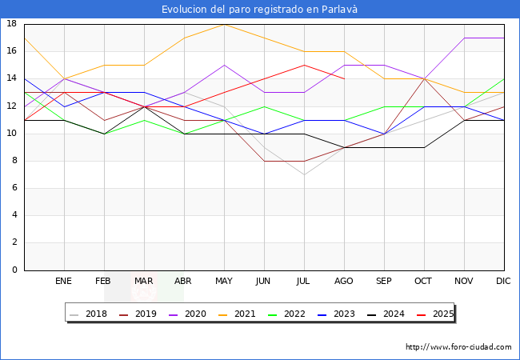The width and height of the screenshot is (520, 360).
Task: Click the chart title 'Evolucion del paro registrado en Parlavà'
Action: coord(259,10)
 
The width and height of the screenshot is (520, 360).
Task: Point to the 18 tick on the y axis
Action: coord(12,24)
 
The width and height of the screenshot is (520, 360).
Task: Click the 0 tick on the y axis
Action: coord(14,270)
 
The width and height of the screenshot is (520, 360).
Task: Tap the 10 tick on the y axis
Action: coord(12,134)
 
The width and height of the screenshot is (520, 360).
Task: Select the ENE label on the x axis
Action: coord(64,282)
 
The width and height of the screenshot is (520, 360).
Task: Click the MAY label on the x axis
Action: coord(224,282)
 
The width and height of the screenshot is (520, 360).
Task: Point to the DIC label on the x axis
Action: coord(504,282)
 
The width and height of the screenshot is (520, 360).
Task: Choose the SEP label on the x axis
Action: coord(384,282)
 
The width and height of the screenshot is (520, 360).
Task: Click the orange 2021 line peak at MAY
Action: coord(224,24)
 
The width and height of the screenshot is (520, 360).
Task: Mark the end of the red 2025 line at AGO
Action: coord(344,78)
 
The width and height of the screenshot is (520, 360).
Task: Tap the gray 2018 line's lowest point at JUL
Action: coord(304,174)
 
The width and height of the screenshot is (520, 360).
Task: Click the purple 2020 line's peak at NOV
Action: coord(464,38)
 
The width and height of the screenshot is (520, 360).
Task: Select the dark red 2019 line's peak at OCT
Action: coord(424,78)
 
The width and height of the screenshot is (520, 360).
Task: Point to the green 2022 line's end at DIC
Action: coord(504,78)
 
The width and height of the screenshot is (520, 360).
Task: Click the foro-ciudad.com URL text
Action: coord(458,347)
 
